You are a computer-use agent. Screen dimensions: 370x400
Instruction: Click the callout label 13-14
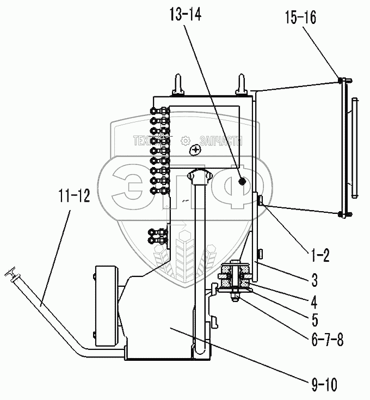tap(186, 14)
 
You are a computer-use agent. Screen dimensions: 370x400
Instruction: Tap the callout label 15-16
tap(300, 17)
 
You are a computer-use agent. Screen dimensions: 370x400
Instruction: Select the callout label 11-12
tap(74, 196)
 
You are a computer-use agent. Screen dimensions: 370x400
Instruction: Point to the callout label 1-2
tap(320, 255)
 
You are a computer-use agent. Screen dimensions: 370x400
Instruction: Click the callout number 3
tap(314, 280)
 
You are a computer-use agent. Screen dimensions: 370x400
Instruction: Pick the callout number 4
tap(314, 302)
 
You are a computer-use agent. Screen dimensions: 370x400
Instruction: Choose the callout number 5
tap(314, 319)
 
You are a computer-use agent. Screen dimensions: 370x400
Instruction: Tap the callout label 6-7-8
tap(328, 339)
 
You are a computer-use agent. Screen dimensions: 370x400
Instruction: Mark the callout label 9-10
tap(324, 384)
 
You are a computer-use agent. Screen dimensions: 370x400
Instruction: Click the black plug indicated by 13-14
tap(242, 182)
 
